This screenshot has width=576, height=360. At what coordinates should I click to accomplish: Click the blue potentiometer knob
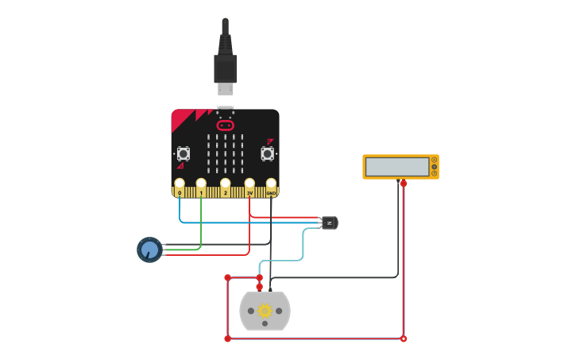click(x=149, y=250)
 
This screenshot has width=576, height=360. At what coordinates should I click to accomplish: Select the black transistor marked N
click(x=329, y=223)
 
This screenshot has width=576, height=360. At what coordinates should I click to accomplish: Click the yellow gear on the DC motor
click(x=265, y=311)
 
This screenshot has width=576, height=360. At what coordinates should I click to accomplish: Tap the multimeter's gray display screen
click(x=397, y=166)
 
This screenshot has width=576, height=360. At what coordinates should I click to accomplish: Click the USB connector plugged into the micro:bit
click(x=225, y=72)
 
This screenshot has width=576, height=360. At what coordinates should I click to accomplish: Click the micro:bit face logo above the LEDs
click(x=226, y=125)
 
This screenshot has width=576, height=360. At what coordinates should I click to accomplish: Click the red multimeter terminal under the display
click(x=404, y=184)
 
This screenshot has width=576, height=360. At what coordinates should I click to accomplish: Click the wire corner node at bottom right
click(x=404, y=339)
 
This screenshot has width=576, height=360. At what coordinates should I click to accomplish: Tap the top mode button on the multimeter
click(x=434, y=160)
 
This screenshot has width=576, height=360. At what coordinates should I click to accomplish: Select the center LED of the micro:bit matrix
click(x=226, y=153)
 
